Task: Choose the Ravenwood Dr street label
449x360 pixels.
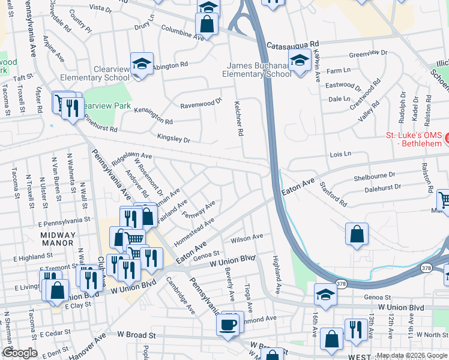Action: pyautogui.click(x=202, y=103)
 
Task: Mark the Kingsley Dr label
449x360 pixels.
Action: pyautogui.click(x=173, y=139)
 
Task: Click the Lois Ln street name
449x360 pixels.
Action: pyautogui.click(x=340, y=154)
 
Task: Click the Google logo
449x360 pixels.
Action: pyautogui.click(x=20, y=353)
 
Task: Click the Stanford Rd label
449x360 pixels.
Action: pyautogui.click(x=333, y=194)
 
